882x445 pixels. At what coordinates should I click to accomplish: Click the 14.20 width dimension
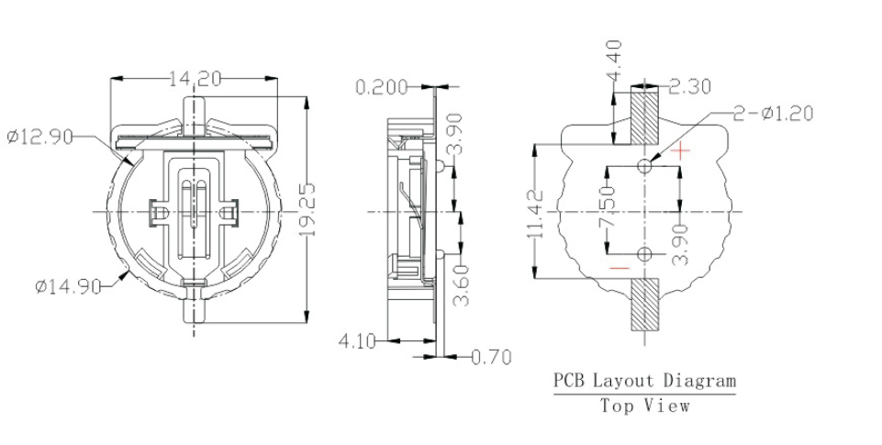point(195,79)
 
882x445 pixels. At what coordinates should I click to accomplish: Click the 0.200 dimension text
point(383,87)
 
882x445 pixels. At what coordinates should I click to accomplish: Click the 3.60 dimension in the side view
point(465,285)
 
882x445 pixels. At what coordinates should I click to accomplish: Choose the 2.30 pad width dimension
point(690,87)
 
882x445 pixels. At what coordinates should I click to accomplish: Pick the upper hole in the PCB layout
point(645,165)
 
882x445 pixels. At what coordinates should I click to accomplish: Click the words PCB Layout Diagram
point(643,380)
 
